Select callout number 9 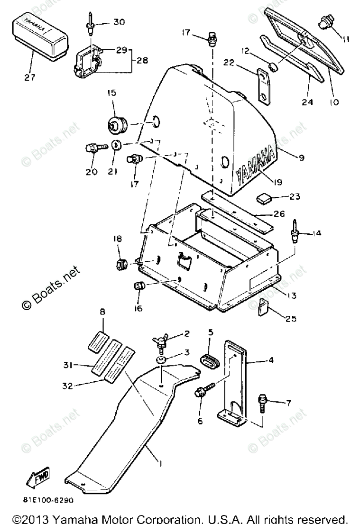(x=302, y=157)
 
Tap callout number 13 (x=291, y=295)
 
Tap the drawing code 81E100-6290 (x=47, y=500)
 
